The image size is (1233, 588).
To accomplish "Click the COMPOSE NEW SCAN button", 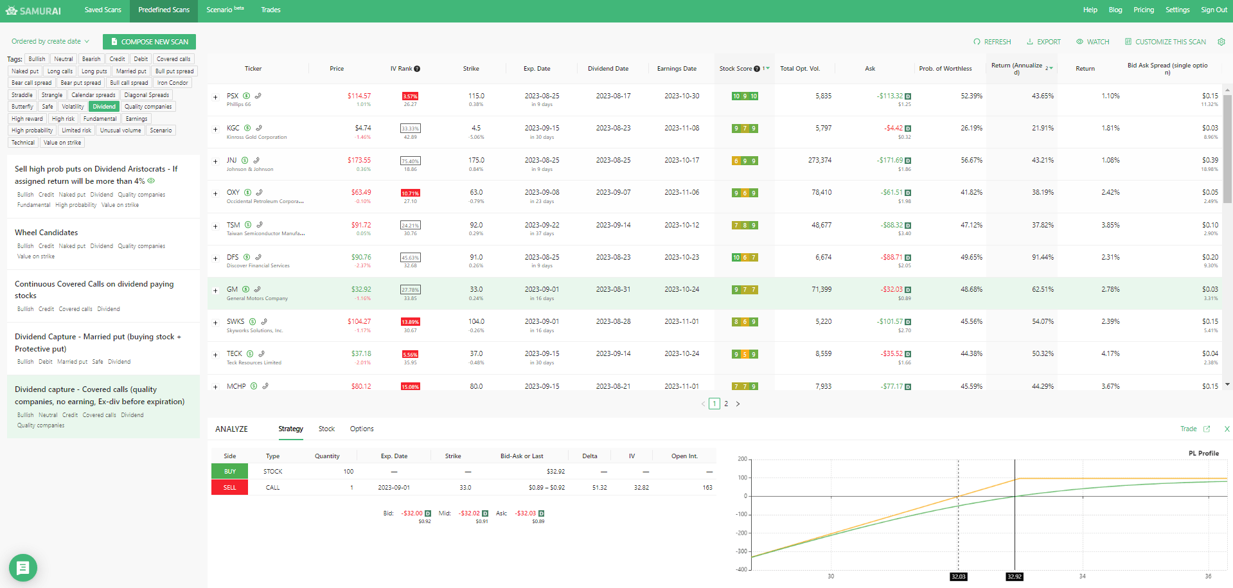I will [149, 42].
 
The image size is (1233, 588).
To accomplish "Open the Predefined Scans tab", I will [164, 10].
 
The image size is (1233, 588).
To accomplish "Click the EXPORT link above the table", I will [1043, 42].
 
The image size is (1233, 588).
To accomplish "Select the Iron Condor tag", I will [173, 83].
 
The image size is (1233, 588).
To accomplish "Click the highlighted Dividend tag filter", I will [104, 107].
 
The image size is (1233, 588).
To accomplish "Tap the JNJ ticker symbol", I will [231, 160].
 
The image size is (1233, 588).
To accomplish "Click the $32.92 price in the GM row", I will [361, 289].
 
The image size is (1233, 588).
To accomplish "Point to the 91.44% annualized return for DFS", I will [1042, 257].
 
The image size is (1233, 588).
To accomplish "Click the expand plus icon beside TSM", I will [215, 226].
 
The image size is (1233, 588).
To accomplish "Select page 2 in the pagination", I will [726, 404].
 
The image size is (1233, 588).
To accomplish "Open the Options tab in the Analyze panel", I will [362, 429].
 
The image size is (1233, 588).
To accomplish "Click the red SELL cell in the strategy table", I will [229, 488].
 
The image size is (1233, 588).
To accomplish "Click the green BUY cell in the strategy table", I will [229, 472].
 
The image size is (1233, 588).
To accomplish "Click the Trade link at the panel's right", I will [1188, 429].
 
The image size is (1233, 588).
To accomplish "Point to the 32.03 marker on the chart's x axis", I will [958, 576].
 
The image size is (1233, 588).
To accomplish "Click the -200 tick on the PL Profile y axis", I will [741, 533].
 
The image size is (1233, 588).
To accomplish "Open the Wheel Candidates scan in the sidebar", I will [46, 233].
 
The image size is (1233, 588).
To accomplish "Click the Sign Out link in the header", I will [1214, 10].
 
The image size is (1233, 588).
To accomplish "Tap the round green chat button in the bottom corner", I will [23, 567].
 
